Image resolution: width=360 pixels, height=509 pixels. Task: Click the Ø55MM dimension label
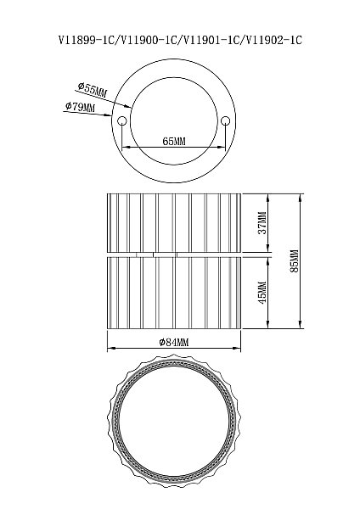pyautogui.click(x=93, y=90)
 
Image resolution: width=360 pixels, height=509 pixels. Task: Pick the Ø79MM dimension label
pyautogui.click(x=81, y=107)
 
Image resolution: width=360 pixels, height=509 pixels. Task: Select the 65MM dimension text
pyautogui.click(x=174, y=142)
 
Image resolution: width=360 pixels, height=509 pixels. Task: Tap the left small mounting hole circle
pyautogui.click(x=122, y=121)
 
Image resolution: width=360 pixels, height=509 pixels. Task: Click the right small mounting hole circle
pyautogui.click(x=225, y=121)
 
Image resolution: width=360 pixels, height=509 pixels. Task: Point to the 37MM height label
pyautogui.click(x=262, y=222)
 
